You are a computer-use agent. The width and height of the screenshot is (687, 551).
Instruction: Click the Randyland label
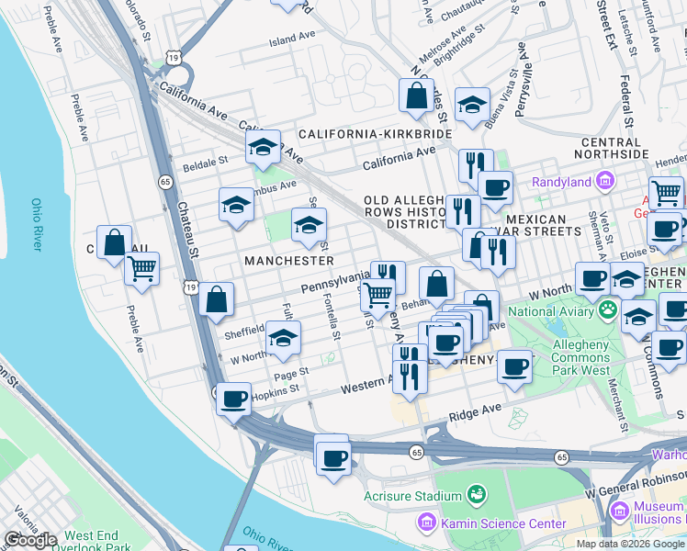coord(562,182)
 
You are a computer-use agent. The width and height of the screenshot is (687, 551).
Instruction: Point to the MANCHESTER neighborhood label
coord(288,261)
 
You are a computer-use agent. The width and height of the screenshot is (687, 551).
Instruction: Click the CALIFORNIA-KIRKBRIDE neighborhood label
coord(375,134)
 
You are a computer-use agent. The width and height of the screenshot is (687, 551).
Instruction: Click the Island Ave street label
coord(292,40)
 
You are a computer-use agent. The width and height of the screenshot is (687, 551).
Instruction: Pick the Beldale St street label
coord(205,161)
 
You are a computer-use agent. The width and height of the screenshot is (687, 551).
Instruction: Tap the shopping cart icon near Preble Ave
coord(141,268)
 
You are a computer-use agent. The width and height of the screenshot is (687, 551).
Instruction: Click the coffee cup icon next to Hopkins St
coord(234,399)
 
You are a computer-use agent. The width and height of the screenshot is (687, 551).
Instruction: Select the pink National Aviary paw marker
coord(607,310)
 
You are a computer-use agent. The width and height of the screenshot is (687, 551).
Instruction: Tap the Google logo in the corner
coord(30,540)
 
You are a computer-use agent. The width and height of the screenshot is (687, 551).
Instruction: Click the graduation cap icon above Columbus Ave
coord(263,146)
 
